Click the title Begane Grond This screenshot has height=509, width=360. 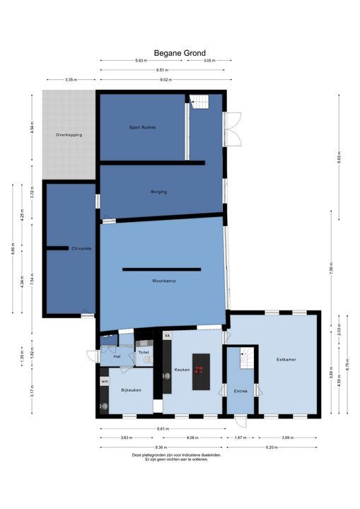[x=180, y=52]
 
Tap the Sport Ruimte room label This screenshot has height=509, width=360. [x=142, y=127]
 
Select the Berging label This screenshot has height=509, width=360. [x=158, y=192]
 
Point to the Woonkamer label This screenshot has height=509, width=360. [x=163, y=281]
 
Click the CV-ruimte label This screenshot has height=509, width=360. [x=81, y=248]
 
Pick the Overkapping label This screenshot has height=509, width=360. [x=69, y=134]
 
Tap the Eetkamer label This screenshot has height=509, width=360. [x=286, y=359]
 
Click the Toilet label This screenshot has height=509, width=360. [x=144, y=351]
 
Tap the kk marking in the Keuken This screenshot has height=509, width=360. [x=168, y=335]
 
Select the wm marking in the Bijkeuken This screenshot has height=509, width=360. [x=105, y=381]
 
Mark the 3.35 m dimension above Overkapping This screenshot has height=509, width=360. [x=70, y=80]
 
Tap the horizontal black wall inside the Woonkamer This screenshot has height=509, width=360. [x=161, y=269]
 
